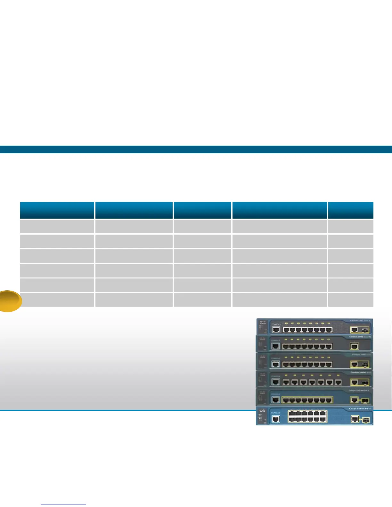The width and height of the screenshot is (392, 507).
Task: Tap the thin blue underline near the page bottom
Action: click(63, 504)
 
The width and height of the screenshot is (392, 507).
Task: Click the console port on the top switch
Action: click(276, 330)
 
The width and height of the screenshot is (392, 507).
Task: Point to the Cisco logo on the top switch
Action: click(263, 322)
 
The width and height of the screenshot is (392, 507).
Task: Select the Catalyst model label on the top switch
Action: click(360, 320)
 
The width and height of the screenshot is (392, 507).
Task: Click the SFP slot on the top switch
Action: click(365, 330)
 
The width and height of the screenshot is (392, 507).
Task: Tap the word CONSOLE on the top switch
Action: click(276, 324)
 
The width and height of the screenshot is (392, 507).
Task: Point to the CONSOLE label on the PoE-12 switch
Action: click(276, 413)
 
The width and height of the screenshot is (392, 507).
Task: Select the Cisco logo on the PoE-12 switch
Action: click(263, 411)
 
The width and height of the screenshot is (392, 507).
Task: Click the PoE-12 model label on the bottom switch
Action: click(360, 409)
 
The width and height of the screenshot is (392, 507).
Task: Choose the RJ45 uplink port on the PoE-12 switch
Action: click(355, 419)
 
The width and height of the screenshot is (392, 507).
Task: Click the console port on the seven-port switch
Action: click(276, 382)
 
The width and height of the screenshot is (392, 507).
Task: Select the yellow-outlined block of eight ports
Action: click(307, 400)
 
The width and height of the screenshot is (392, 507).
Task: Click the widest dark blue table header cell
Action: click(280, 210)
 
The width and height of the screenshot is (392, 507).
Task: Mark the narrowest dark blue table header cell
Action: click(351, 210)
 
